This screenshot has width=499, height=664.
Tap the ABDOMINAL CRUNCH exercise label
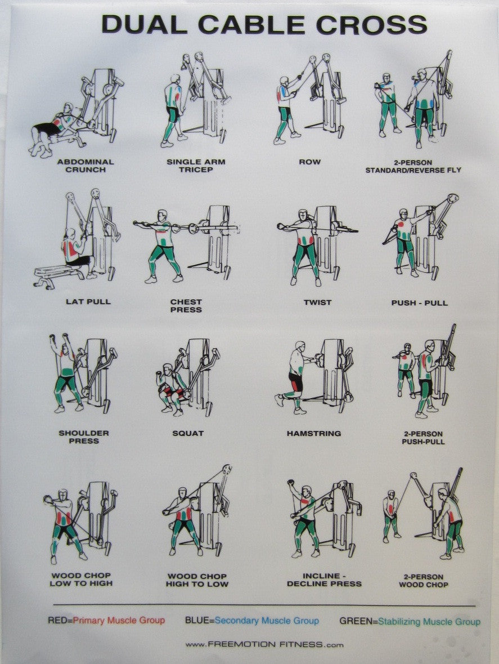86,166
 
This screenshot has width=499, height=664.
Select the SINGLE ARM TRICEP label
196,166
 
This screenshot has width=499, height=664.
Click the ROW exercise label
309,162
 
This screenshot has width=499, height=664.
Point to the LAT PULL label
88,302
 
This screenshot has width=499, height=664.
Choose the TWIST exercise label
318,302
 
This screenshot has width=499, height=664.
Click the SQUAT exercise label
188,434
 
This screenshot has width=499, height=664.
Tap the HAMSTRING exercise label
314,434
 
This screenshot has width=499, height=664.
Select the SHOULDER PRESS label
84,437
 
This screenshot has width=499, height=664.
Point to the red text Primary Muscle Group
119,621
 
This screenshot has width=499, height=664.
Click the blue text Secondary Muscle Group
267,621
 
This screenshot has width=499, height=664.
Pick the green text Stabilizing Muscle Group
429,622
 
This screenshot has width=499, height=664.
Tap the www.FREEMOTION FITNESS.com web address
264,644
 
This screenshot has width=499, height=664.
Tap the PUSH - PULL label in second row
420,303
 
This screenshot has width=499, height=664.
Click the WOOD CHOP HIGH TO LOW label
197,580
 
